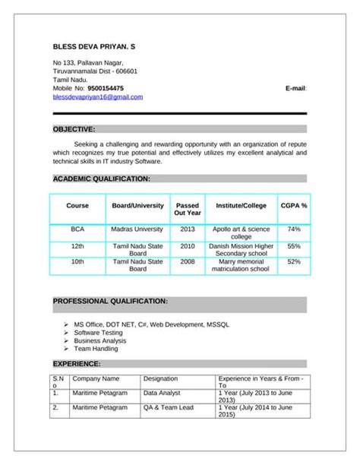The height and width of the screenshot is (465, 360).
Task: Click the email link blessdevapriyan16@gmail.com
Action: pos(98,97)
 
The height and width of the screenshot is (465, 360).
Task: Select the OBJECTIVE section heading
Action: pos(74,129)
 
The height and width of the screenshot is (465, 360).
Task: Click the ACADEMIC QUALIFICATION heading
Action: pos(102,179)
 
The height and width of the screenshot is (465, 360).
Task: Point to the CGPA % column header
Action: pos(294,205)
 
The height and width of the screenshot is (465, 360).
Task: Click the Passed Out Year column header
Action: pos(187,209)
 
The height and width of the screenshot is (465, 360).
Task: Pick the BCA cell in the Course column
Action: pos(77,229)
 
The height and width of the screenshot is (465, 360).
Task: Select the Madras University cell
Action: pos(137,229)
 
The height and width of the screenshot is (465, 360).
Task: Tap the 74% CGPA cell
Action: pos(294,229)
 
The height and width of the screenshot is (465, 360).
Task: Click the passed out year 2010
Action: pos(187,246)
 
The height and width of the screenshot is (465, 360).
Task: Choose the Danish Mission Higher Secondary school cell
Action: pos(242,250)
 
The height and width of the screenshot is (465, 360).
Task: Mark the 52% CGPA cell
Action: pos(294,261)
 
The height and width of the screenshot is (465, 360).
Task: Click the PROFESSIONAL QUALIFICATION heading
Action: pos(110,302)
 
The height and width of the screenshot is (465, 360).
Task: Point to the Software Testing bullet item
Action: pos(98,333)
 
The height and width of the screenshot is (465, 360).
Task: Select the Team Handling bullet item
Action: pos(96,350)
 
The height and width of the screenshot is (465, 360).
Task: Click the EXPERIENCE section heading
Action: pos(76,364)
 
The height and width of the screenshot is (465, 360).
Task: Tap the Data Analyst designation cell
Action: pos(162,394)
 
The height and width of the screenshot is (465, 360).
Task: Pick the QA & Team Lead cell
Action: pos(169,408)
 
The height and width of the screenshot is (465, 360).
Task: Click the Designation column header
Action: pos(160,378)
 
